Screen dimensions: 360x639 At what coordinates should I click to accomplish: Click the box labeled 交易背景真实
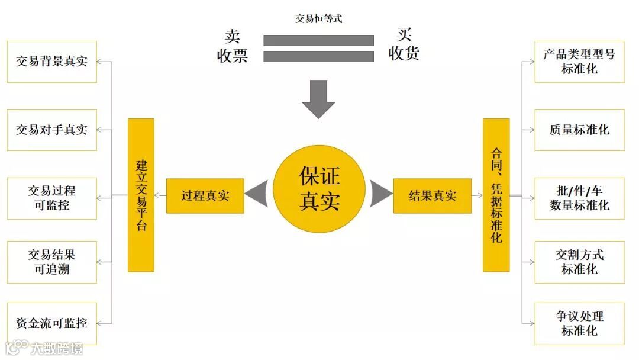(51, 62)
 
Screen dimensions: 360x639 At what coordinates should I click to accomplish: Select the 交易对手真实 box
(51, 130)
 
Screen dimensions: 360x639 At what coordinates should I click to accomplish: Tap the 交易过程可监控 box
(51, 198)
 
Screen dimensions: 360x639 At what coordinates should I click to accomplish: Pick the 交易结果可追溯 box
(51, 262)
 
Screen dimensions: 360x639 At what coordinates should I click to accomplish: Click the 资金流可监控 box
(51, 323)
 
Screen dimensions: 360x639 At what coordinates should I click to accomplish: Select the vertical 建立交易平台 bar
(141, 195)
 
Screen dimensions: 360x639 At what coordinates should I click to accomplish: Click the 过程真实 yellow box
(205, 196)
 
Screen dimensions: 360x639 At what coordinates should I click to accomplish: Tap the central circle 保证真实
(319, 189)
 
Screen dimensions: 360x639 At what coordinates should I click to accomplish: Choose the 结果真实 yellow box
(433, 196)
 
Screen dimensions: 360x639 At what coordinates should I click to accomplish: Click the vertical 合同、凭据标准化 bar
(496, 195)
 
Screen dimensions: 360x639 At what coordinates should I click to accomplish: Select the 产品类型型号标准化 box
(579, 62)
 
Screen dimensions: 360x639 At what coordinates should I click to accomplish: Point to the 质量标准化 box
(579, 130)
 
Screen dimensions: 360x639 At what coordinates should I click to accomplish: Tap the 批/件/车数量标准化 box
(579, 198)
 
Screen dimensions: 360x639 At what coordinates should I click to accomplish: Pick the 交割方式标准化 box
(579, 262)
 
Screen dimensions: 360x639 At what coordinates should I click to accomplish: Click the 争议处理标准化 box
(579, 323)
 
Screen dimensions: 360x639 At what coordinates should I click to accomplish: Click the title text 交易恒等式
(319, 18)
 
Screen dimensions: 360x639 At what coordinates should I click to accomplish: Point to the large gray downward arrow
(318, 99)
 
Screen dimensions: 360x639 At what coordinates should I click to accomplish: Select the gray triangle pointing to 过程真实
(257, 194)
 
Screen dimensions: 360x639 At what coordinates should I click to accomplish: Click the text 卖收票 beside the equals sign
(232, 46)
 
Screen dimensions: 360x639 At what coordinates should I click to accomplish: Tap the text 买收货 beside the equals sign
(404, 44)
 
